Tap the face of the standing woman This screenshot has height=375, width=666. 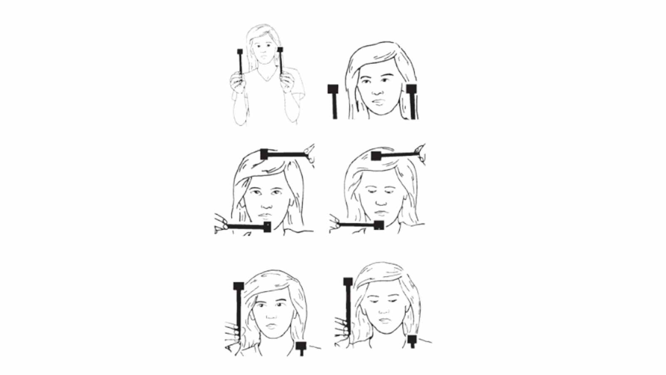coord(263,50)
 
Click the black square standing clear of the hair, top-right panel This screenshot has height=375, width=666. coord(333,89)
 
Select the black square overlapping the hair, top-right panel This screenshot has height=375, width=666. coord(411,89)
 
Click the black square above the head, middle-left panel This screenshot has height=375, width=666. coord(264,154)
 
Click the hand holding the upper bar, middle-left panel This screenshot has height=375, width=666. coord(309,153)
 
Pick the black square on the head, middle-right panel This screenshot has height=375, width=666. coord(376,156)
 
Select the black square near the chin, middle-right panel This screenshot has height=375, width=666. coord(379,225)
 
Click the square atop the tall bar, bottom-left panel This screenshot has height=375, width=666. coord(239,286)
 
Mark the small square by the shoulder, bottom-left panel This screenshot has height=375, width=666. coord(301,346)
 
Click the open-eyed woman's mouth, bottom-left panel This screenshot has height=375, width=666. coord(271,326)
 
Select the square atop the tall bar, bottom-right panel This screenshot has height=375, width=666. coord(348,281)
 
